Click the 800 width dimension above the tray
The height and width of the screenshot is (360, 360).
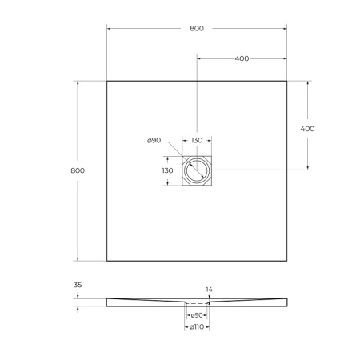pos(197,28)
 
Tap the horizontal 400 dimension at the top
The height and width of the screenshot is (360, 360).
pos(242,58)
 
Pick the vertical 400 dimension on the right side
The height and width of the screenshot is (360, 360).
pos(306,128)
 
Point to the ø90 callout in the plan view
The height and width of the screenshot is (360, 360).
pos(154,141)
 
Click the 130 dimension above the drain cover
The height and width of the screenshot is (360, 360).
pos(197,141)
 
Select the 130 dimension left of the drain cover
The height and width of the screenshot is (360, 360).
pos(167,170)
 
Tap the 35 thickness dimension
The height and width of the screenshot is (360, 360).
pos(78,284)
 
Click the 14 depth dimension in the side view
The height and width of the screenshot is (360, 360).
pos(209,289)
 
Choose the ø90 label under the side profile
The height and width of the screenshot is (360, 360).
pos(196,316)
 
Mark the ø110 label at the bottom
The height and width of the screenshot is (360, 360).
pos(196,328)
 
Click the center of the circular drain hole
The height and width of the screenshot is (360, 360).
pos(197,170)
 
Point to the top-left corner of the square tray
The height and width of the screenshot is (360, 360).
pos(107,81)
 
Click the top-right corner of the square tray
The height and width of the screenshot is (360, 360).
pos(287,81)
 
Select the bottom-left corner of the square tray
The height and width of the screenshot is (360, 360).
pos(107,260)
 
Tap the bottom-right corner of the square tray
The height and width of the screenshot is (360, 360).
pos(287,260)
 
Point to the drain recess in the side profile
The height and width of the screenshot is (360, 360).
pos(197,304)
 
